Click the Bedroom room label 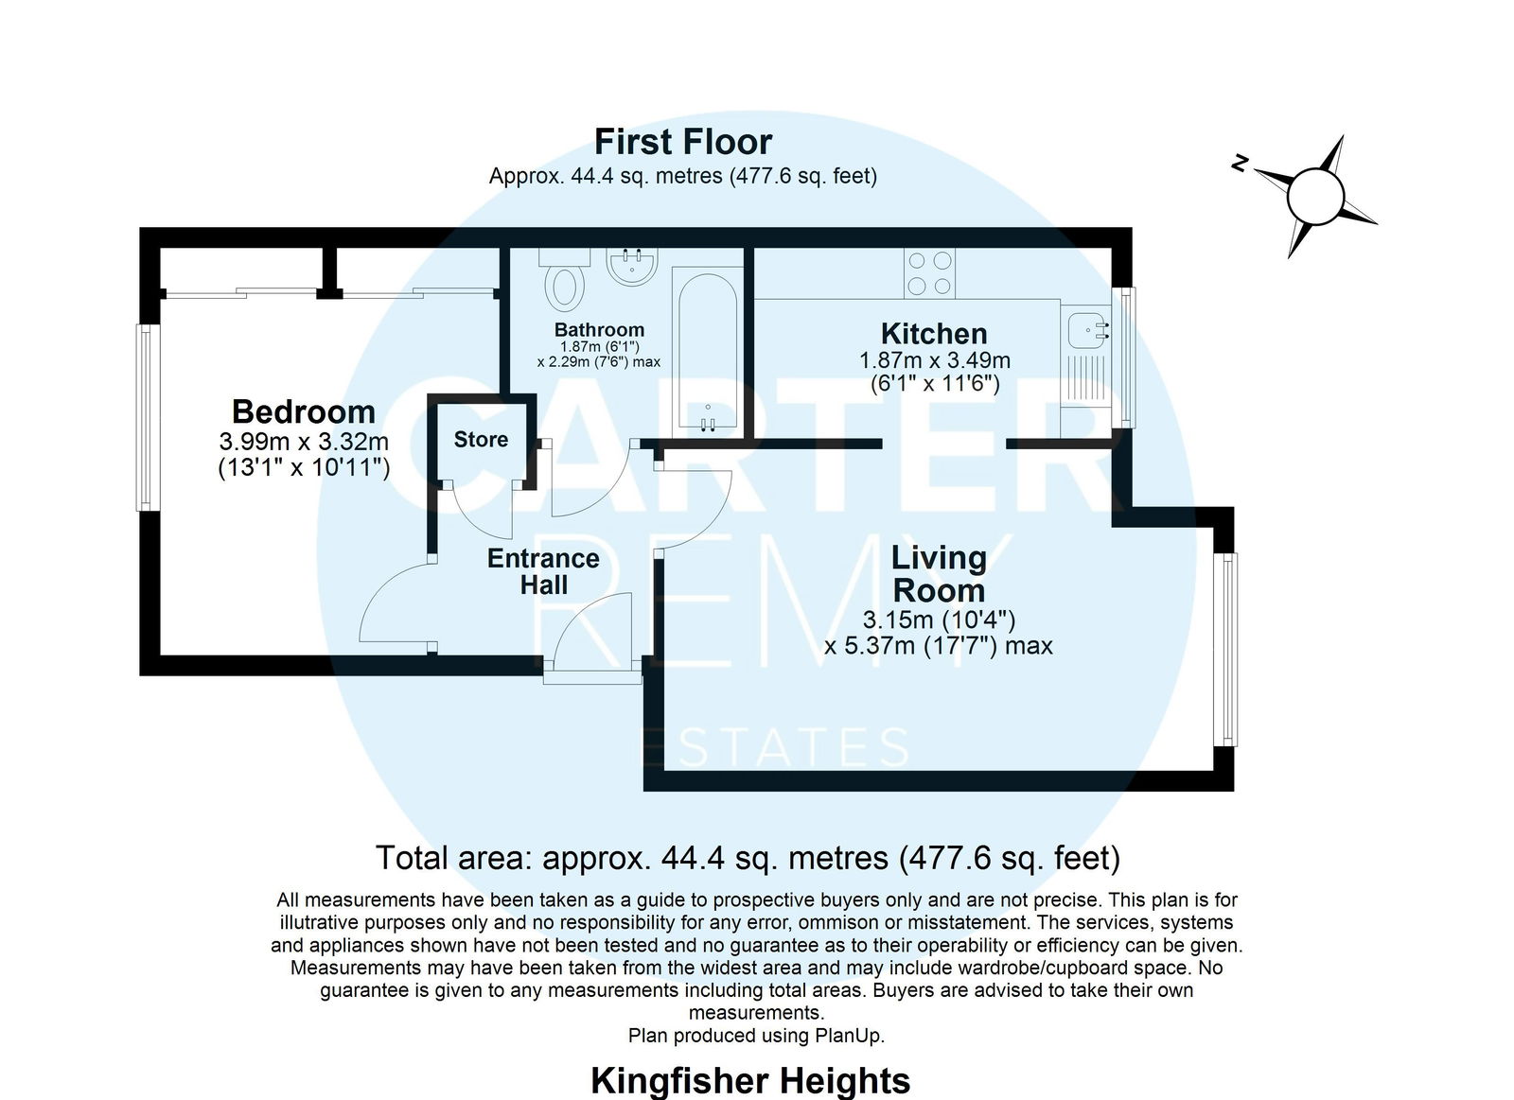[x=304, y=411]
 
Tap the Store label [x=481, y=439]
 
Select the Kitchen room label [x=934, y=334]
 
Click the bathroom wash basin [x=632, y=267]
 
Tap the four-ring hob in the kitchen [x=929, y=273]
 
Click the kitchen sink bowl [x=1088, y=331]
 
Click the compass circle [x=1315, y=197]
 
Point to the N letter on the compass [x=1239, y=163]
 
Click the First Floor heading [x=682, y=142]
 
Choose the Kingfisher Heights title [x=750, y=1080]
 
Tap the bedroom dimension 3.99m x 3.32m [x=304, y=441]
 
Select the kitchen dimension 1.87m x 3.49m [x=935, y=360]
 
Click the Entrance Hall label [x=543, y=571]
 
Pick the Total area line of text [x=748, y=858]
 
